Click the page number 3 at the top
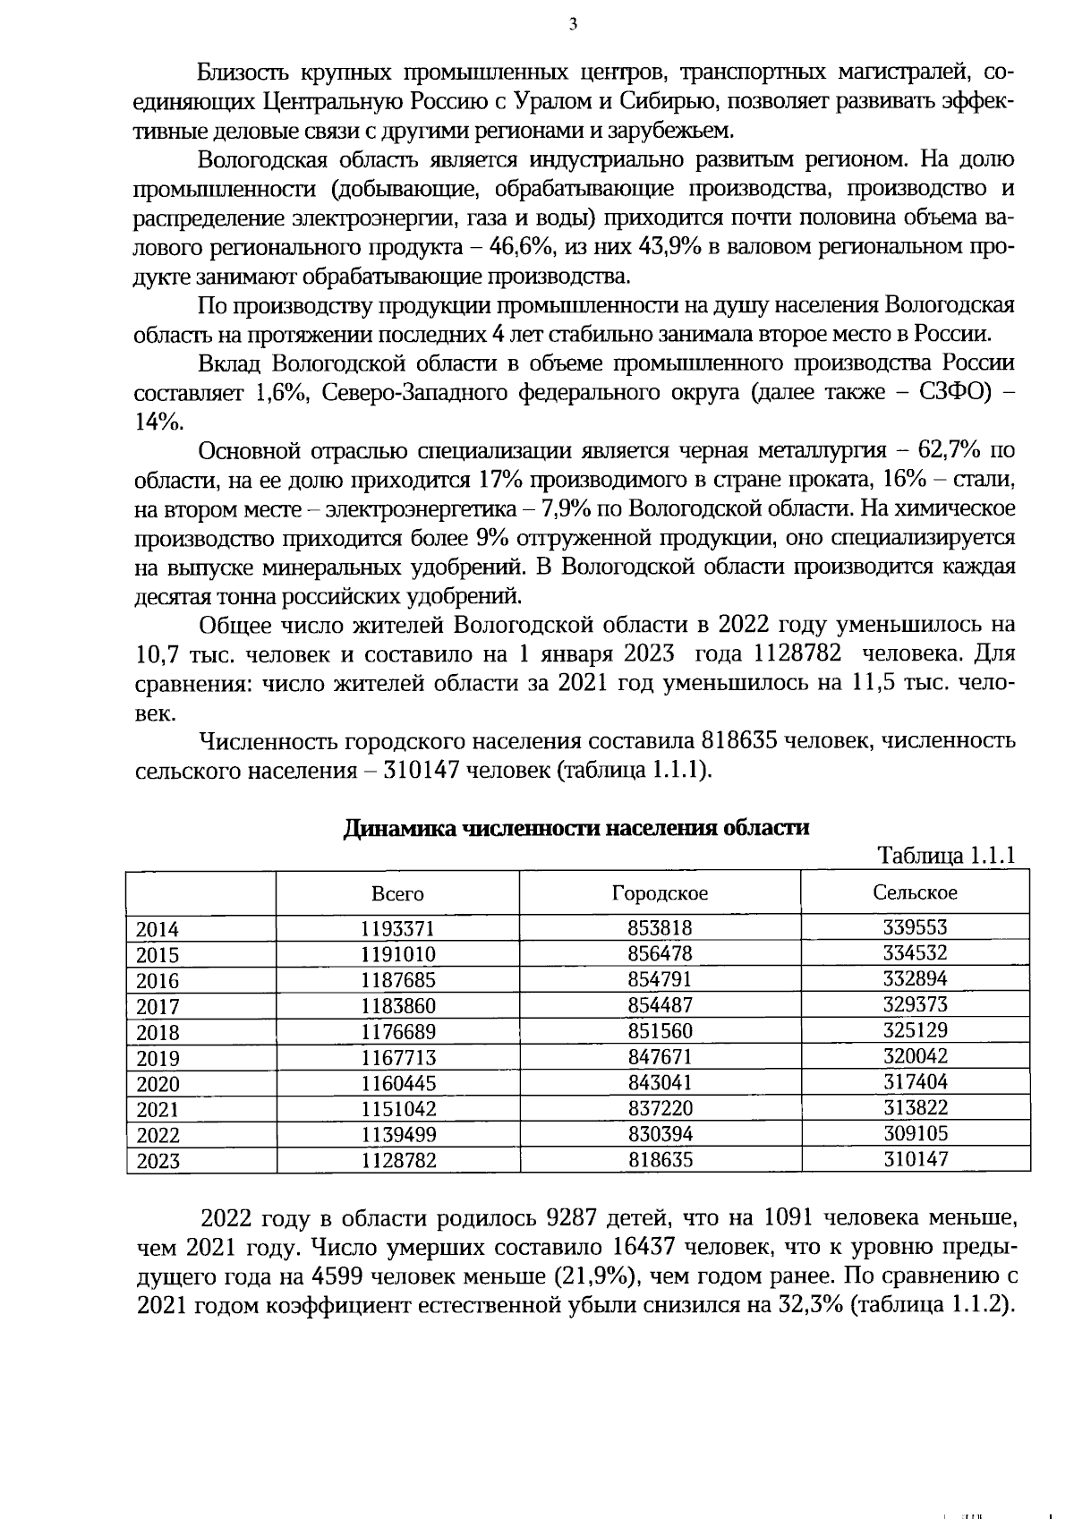coord(573,25)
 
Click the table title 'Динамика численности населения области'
coord(576,828)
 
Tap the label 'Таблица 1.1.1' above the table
coord(946,855)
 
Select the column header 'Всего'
coord(397,893)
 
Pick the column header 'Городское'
coord(660,892)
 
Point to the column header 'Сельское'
coord(915,892)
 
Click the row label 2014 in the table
coord(158,929)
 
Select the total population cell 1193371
coord(397,929)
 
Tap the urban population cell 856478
coord(660,954)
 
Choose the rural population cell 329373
coord(915,1004)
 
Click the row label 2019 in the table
coord(158,1059)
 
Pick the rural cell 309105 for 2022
coord(915,1133)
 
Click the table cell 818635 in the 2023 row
coord(660,1160)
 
